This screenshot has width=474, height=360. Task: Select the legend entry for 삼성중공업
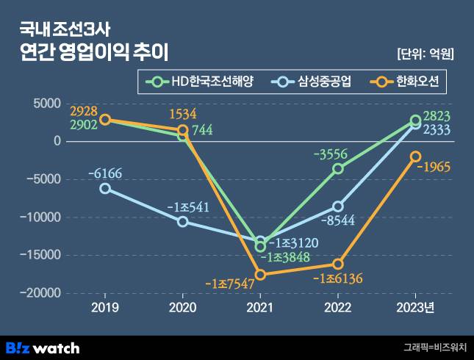[312, 82]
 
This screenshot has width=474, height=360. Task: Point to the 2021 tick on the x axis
[259, 307]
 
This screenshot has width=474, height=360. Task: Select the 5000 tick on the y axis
[49, 104]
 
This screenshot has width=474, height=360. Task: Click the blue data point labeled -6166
[105, 188]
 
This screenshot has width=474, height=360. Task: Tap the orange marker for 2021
[259, 275]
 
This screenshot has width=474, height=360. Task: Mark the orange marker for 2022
[338, 264]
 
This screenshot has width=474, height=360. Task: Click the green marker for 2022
[338, 168]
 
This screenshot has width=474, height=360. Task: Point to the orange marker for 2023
[416, 156]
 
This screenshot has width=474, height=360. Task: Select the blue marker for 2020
[183, 221]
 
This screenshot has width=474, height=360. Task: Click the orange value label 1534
[183, 114]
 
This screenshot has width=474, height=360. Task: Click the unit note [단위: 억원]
[424, 54]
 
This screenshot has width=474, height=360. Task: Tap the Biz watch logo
[43, 348]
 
